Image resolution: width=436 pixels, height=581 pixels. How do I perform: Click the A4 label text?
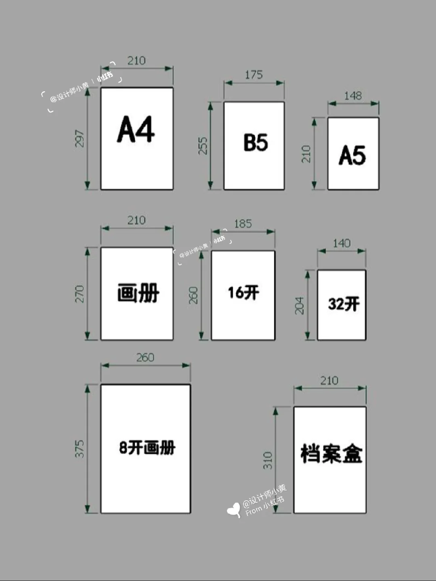[x=136, y=130]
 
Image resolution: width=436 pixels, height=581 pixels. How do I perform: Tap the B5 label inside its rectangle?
[x=256, y=143]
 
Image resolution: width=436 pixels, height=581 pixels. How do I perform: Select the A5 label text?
[x=352, y=155]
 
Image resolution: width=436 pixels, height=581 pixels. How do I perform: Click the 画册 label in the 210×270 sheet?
[x=138, y=293]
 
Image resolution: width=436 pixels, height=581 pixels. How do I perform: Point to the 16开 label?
[x=243, y=292]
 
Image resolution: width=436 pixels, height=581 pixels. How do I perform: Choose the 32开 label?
[x=344, y=304]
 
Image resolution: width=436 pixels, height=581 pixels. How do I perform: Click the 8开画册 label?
[x=147, y=447]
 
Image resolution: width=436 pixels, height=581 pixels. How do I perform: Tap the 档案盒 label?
[x=331, y=453]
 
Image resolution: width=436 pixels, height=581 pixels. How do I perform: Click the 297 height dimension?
[x=80, y=138]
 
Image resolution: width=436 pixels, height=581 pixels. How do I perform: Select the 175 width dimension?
[x=254, y=75]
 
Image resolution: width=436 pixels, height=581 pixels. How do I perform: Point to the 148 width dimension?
[x=353, y=96]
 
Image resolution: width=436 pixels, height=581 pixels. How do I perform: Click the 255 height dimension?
[x=203, y=146]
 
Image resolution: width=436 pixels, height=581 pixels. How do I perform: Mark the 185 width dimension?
[x=243, y=224]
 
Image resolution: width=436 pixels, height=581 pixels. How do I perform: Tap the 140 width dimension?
[x=342, y=243]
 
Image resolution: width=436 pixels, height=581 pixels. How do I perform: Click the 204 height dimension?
[x=299, y=306]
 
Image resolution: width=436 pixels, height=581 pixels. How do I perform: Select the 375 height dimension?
[x=80, y=449]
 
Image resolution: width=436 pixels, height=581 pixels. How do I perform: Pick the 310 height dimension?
[x=268, y=460]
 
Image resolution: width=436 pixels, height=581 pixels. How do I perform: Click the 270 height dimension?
[x=80, y=294]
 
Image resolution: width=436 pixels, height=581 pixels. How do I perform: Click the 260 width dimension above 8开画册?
[x=145, y=357]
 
